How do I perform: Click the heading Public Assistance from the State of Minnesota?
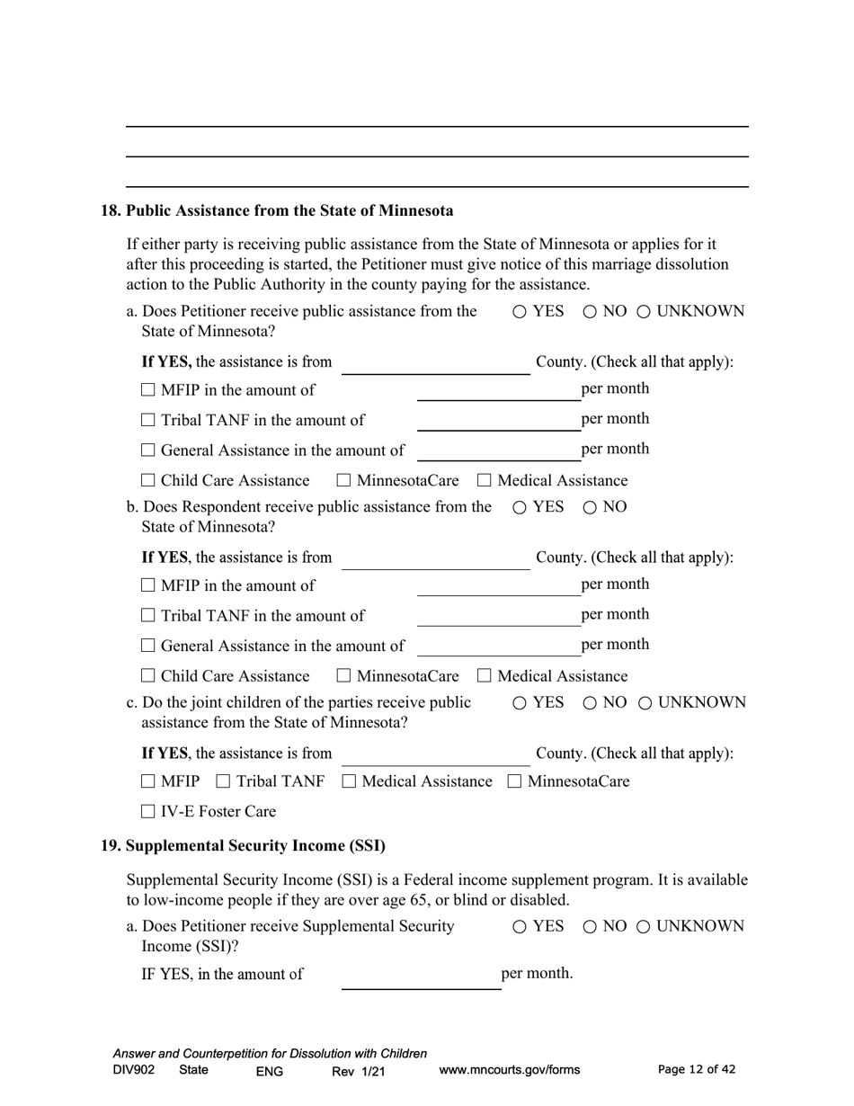tap(289, 211)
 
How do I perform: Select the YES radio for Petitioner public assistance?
tap(520, 312)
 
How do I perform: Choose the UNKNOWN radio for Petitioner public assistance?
tap(645, 312)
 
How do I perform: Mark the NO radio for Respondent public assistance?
tap(590, 507)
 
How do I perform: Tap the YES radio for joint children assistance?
tap(520, 703)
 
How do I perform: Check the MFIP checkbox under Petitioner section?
tap(149, 390)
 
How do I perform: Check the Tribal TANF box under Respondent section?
tap(149, 616)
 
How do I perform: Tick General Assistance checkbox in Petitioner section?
tap(149, 450)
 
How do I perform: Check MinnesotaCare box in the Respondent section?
tap(343, 676)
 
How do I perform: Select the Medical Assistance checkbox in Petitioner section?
tap(485, 481)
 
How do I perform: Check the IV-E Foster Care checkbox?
tap(149, 812)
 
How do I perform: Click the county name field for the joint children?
tap(435, 754)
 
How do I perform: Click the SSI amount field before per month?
tap(421, 977)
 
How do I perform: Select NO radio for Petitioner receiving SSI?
tap(590, 927)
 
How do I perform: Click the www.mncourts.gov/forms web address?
tap(509, 1070)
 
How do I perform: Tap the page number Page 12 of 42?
tap(697, 1070)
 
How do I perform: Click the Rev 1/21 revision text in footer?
tap(358, 1071)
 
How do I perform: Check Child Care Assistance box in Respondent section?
tap(149, 676)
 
